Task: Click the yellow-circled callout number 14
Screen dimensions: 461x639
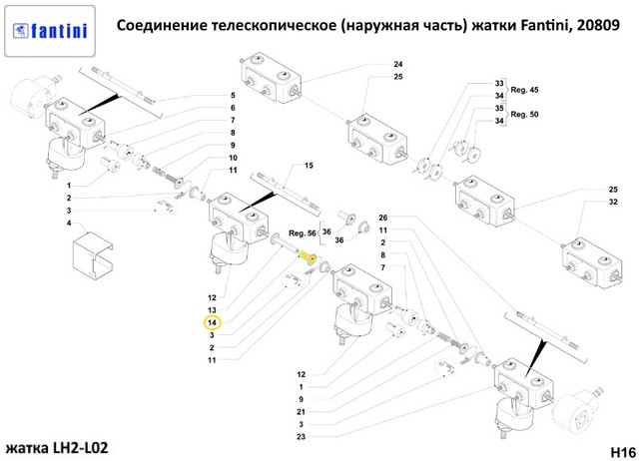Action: pyautogui.click(x=213, y=322)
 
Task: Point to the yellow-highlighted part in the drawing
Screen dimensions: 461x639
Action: pyautogui.click(x=309, y=257)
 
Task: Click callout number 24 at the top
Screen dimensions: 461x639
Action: pyautogui.click(x=397, y=65)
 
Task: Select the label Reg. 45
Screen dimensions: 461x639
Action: pyautogui.click(x=524, y=90)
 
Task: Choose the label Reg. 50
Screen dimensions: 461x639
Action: pyautogui.click(x=524, y=115)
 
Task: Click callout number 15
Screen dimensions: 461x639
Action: pyautogui.click(x=309, y=165)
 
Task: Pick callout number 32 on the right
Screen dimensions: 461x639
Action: pyautogui.click(x=613, y=203)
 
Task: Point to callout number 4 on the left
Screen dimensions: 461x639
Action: pyautogui.click(x=69, y=224)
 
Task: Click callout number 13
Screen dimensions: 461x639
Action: pyautogui.click(x=213, y=310)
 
